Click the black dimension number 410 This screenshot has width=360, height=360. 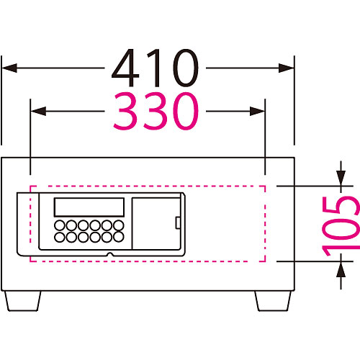(156, 68)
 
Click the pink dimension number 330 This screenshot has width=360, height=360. (156, 112)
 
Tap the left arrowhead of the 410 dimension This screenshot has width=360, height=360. (9, 68)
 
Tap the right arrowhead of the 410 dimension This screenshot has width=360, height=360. (287, 68)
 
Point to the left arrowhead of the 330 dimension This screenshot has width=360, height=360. (38, 111)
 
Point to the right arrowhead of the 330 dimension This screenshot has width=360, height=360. (257, 111)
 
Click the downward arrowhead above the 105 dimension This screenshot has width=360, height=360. (341, 178)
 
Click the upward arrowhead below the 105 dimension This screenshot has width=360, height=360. (341, 269)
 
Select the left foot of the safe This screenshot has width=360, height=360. (23, 301)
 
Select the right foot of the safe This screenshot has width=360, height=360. (274, 301)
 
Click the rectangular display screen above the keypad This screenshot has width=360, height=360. (89, 207)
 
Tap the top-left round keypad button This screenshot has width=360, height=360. (60, 225)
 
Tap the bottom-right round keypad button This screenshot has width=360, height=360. (119, 237)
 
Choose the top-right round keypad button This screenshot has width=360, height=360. (119, 225)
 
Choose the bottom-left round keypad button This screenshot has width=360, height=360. (60, 237)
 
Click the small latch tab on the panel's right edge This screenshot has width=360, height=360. (178, 222)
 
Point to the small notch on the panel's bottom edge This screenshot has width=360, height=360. (110, 254)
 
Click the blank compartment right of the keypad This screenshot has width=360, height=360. (156, 223)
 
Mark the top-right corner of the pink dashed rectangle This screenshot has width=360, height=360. (265, 186)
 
